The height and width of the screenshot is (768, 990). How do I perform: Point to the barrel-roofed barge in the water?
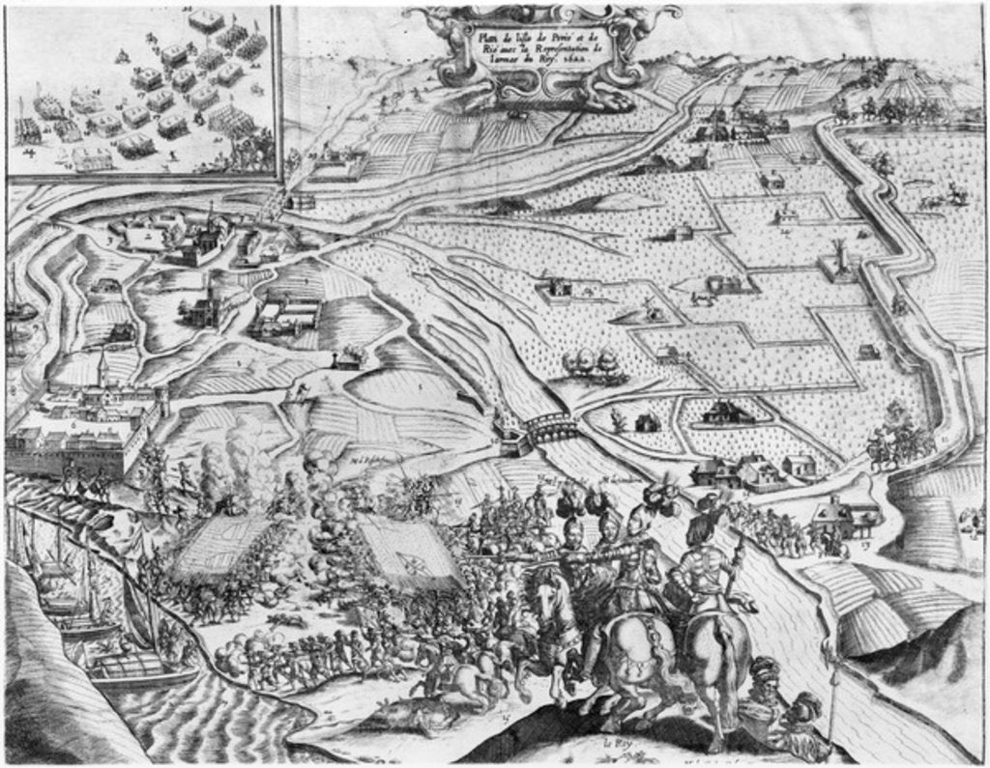point(131,668)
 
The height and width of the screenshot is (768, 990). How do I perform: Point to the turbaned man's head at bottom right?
point(765,672)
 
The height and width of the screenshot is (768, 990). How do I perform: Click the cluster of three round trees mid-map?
point(591,363)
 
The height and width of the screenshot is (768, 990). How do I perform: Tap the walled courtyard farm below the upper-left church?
point(287,314)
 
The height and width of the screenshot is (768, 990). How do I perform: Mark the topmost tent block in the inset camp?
point(205,19)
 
